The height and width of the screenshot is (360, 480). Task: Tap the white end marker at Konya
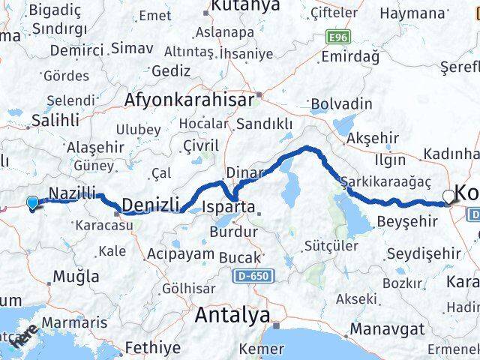click(x=448, y=196)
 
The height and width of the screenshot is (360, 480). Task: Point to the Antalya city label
click(x=232, y=316)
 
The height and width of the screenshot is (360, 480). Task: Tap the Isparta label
click(x=232, y=206)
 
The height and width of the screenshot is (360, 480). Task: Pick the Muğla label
click(x=76, y=276)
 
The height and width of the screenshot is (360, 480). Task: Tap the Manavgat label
click(x=390, y=328)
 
